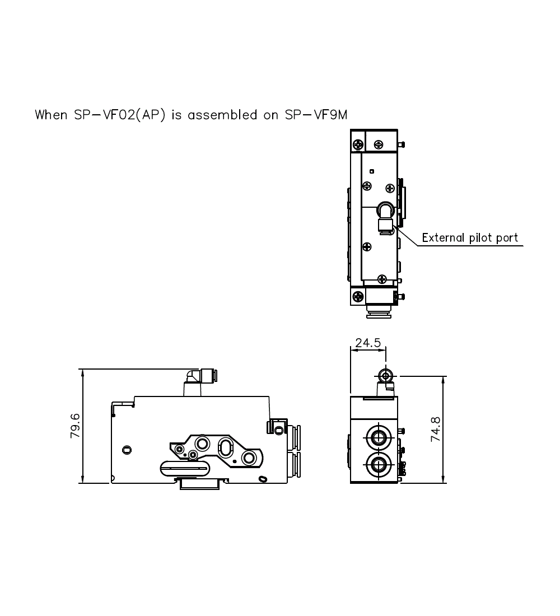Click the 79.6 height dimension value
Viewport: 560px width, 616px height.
click(76, 426)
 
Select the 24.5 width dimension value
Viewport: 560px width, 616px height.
click(368, 343)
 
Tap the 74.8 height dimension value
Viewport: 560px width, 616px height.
click(435, 430)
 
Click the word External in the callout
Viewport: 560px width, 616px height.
click(443, 237)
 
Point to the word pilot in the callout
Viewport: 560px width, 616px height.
click(481, 237)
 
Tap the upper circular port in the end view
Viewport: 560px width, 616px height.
click(375, 436)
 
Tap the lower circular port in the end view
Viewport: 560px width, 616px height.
click(375, 463)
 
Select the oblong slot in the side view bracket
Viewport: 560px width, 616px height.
click(225, 447)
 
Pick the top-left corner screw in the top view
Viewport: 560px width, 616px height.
click(357, 144)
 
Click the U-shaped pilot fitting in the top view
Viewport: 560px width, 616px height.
click(385, 211)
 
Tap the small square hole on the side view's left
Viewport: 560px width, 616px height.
click(127, 449)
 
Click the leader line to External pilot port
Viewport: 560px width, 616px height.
click(412, 237)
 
